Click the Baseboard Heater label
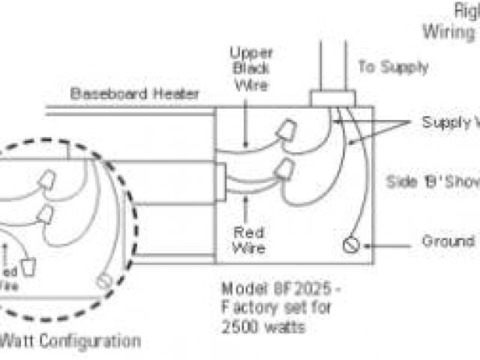(135, 94)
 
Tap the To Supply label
(393, 67)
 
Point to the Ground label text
(448, 241)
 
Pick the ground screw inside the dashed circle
(105, 282)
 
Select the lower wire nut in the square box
(285, 171)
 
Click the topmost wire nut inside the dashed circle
(47, 180)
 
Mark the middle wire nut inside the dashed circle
(46, 214)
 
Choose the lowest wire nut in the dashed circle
(30, 267)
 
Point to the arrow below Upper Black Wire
(247, 135)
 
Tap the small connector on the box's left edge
(220, 181)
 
